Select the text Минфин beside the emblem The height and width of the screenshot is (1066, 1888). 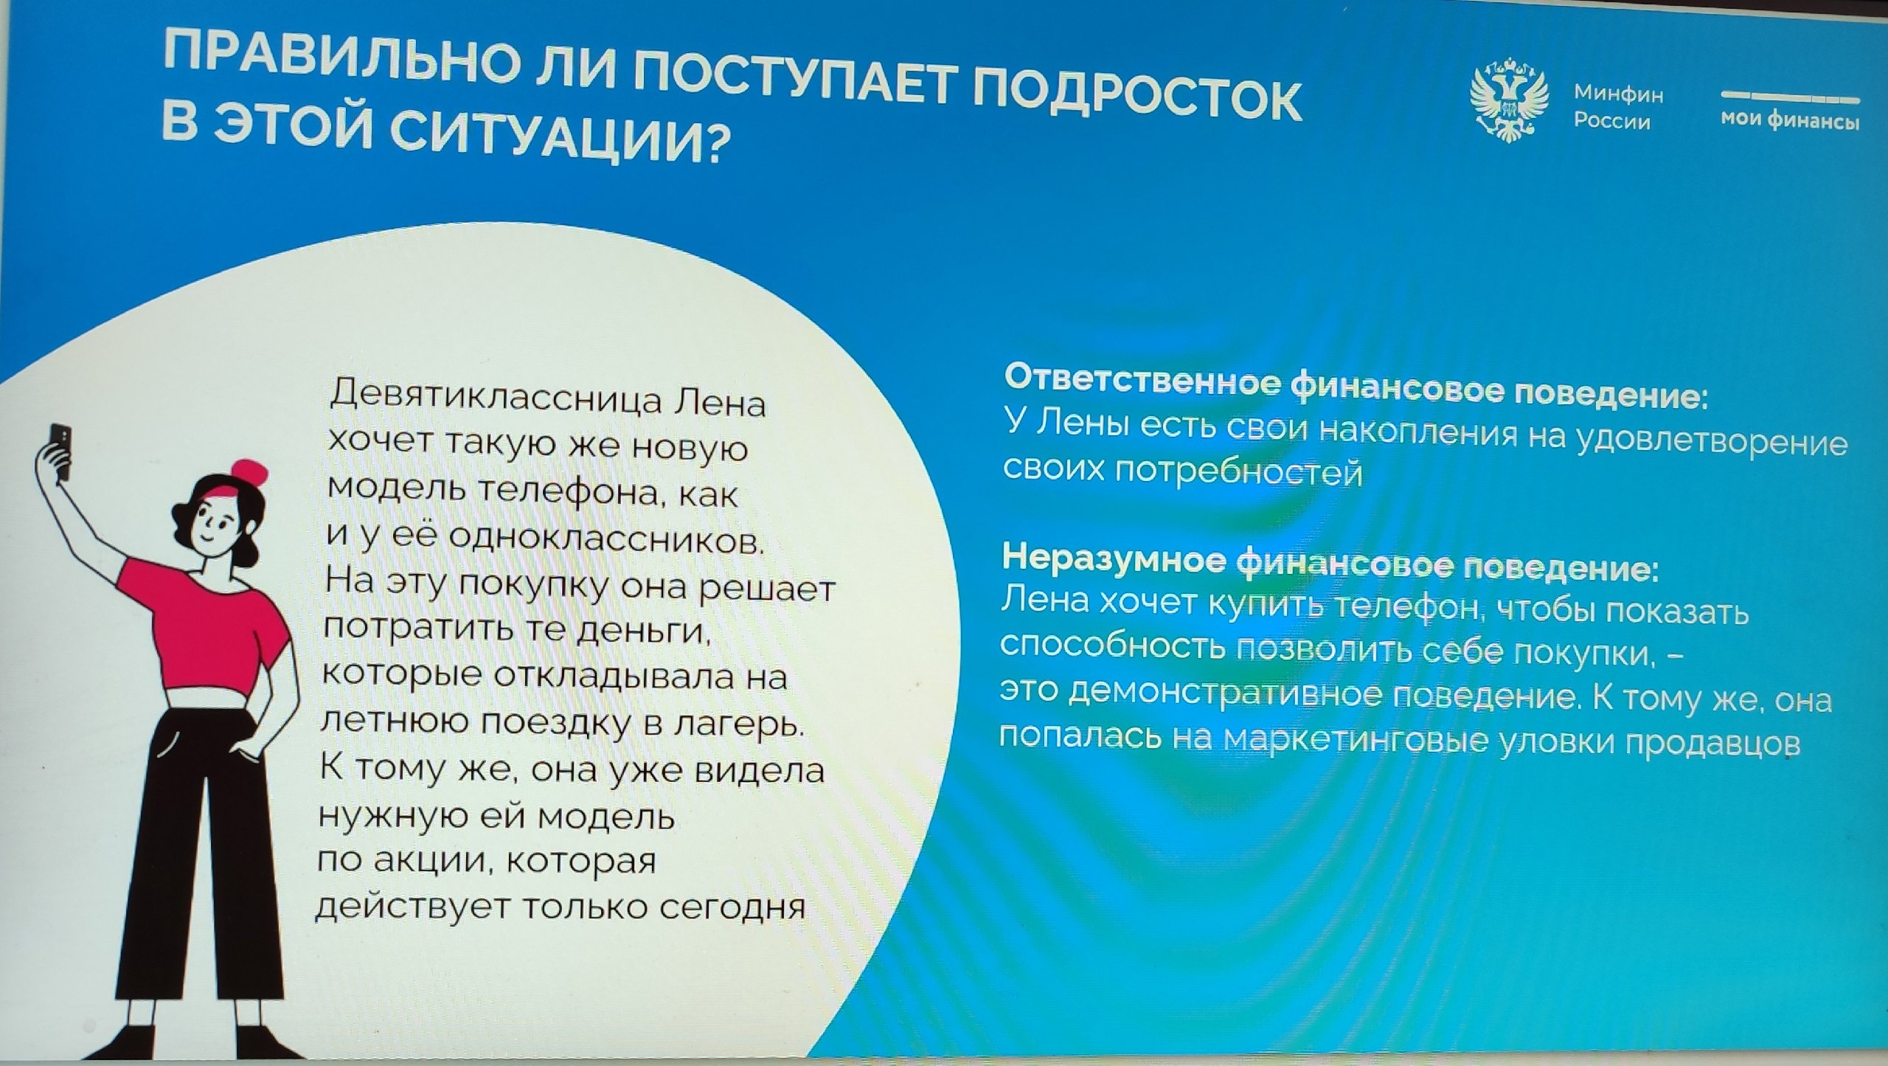[x=1618, y=94]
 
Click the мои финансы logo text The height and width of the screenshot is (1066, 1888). [x=1790, y=120]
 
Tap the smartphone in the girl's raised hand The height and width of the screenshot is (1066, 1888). [x=61, y=449]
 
